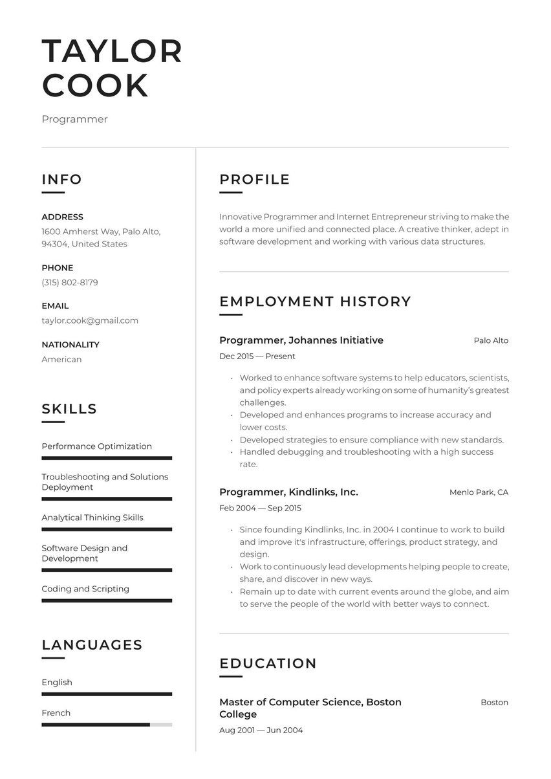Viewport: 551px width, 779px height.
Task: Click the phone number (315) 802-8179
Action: click(70, 283)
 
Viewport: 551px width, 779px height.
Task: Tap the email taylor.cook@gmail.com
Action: click(90, 320)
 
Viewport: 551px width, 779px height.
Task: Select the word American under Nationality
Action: click(61, 359)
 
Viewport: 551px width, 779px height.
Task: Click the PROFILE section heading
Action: click(254, 179)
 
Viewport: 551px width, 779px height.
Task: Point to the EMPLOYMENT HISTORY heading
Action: click(315, 302)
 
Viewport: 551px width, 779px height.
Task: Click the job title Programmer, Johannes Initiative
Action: click(301, 340)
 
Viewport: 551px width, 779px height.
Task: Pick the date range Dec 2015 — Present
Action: click(257, 356)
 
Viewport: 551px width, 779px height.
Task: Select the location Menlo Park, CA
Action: click(479, 492)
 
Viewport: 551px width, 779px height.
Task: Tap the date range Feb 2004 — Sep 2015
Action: click(260, 508)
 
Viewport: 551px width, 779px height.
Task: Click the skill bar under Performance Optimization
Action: click(107, 458)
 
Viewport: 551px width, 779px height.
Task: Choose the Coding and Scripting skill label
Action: click(85, 589)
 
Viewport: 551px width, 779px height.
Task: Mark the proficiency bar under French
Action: click(107, 725)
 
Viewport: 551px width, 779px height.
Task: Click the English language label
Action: click(57, 683)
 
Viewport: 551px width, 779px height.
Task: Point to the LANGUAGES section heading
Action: click(92, 645)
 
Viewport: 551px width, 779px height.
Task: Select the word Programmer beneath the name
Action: click(74, 119)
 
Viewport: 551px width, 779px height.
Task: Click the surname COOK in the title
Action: click(95, 86)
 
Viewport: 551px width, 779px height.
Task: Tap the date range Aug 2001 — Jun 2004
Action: click(261, 730)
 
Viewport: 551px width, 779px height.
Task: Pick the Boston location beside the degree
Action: click(494, 702)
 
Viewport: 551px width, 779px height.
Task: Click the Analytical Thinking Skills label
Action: click(92, 518)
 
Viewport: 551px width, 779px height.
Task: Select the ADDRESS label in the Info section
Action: click(62, 217)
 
